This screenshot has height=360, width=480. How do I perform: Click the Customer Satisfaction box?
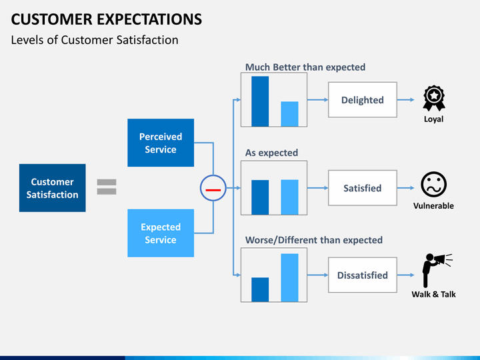[53, 188]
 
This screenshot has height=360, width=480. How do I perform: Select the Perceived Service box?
[161, 143]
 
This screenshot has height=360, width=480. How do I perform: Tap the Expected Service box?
[161, 233]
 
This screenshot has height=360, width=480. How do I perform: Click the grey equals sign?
[107, 187]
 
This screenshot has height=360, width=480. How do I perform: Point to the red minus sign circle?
[213, 188]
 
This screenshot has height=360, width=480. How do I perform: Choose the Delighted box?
[363, 100]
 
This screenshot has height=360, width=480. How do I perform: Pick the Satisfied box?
[363, 188]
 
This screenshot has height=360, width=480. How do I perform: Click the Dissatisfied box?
[363, 275]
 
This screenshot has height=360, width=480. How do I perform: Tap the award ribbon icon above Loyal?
[434, 98]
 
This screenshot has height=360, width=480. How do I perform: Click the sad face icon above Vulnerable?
[433, 184]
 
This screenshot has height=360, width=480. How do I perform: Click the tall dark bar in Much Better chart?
[260, 101]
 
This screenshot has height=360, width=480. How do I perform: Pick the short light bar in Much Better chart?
[289, 114]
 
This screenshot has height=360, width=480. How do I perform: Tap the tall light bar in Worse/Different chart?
[289, 277]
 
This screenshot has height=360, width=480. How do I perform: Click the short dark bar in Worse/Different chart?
[260, 289]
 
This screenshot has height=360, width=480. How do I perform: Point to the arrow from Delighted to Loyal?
[406, 100]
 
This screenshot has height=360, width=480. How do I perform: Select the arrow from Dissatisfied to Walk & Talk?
[406, 275]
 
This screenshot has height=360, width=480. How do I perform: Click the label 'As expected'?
[271, 153]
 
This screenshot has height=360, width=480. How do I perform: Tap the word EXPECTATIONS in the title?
[149, 19]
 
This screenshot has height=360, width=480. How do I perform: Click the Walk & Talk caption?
[433, 294]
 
